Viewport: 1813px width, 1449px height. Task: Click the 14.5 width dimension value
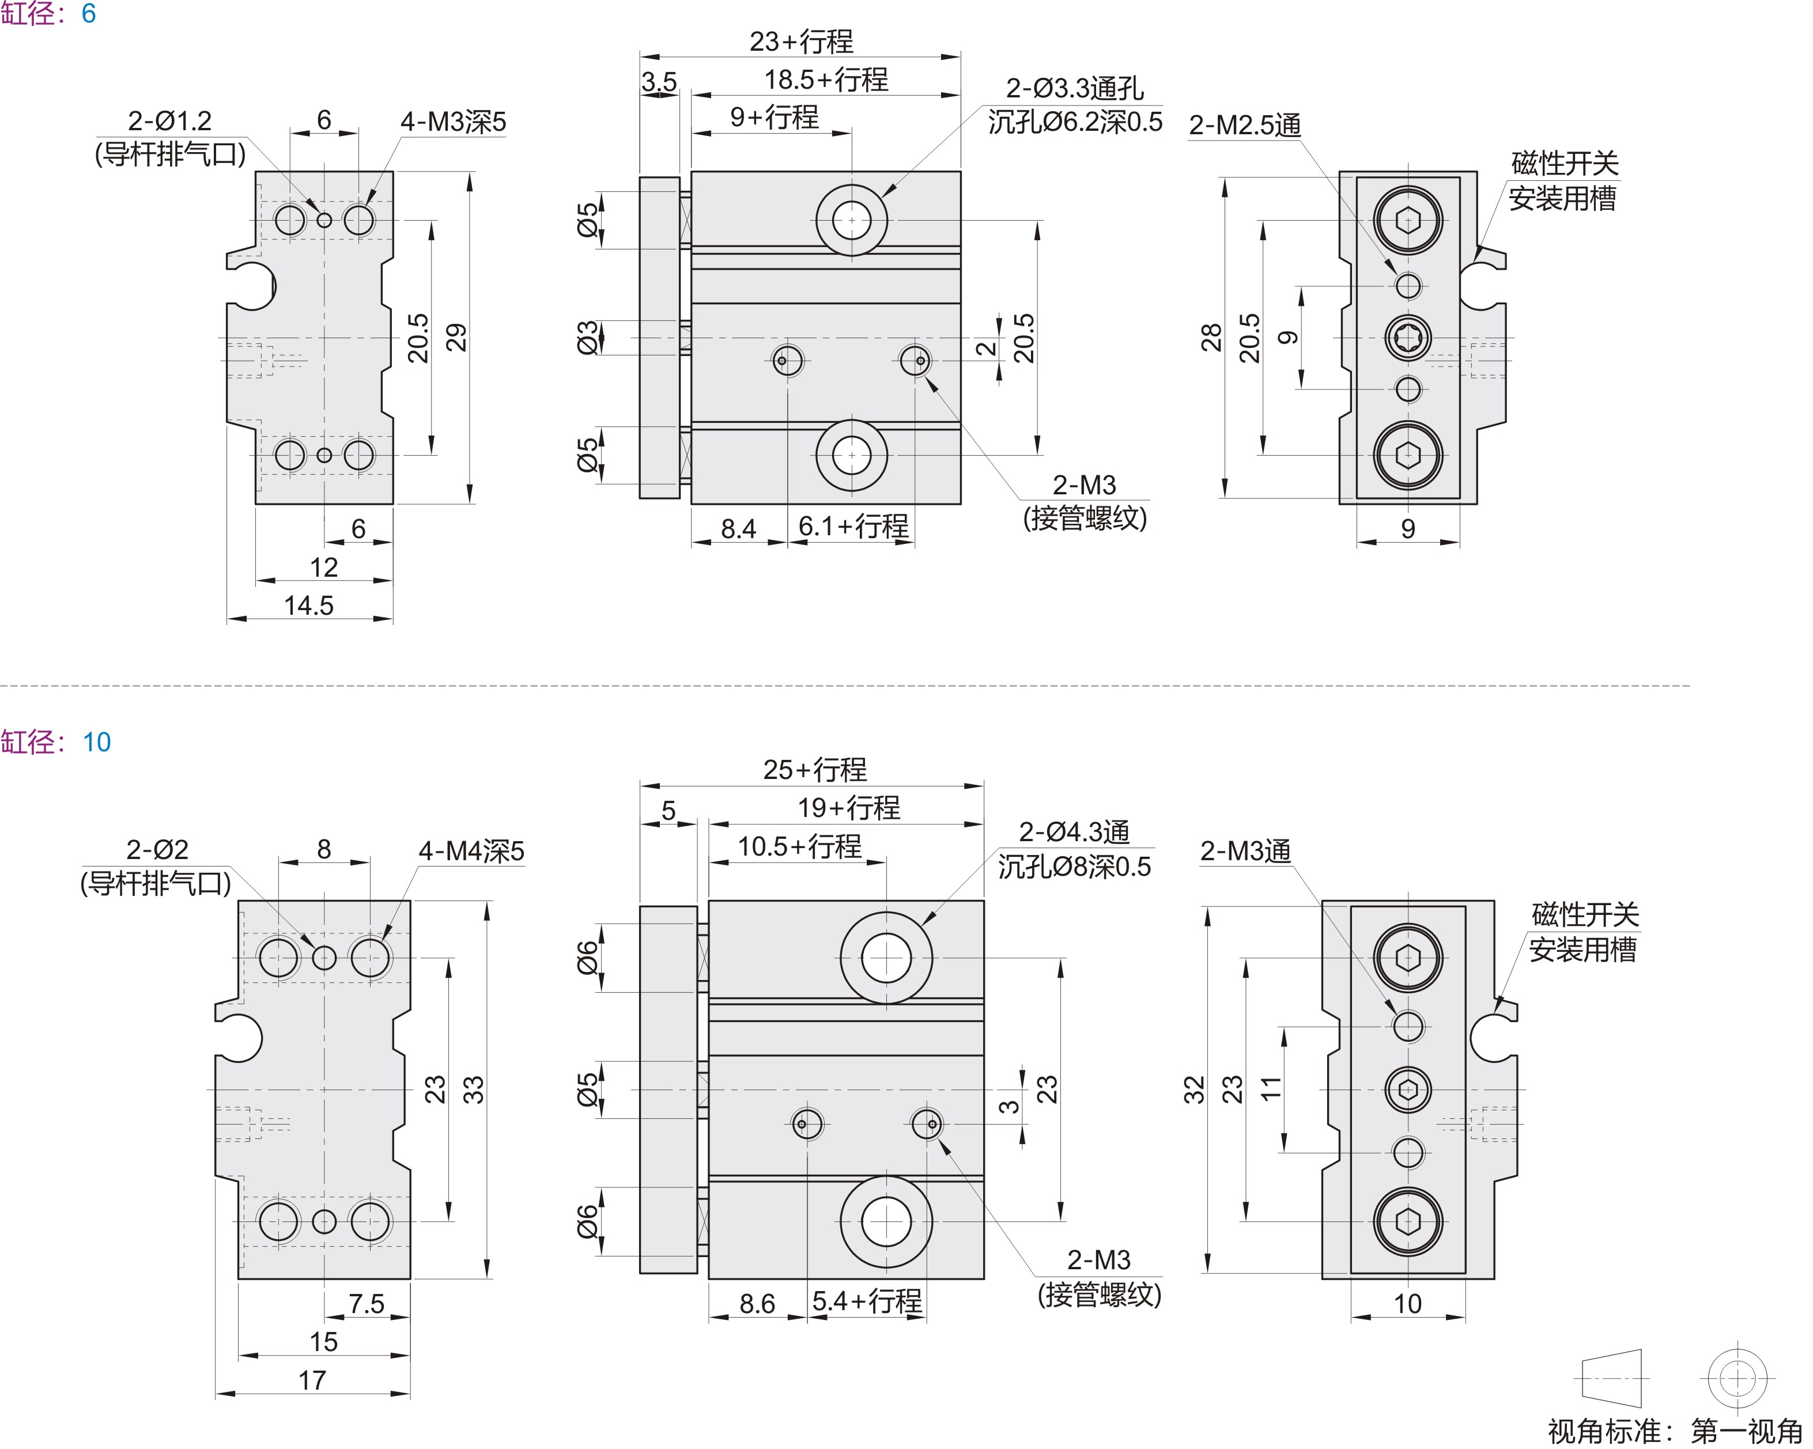pos(309,605)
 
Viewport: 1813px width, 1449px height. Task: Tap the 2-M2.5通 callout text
pos(1245,125)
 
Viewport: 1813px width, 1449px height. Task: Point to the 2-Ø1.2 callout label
pos(170,121)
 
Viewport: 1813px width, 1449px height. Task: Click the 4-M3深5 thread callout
pos(453,122)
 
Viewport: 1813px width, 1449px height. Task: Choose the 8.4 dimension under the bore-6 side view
pos(738,529)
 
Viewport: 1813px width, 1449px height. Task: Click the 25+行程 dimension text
pos(815,769)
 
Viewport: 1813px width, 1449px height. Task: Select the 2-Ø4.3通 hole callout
pos(1074,832)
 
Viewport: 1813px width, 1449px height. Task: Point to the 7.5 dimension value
pos(366,1304)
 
